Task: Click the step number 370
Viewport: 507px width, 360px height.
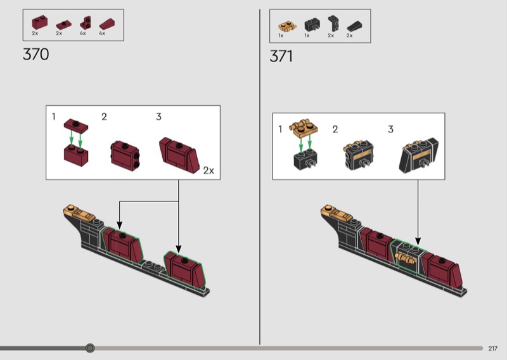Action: click(x=36, y=54)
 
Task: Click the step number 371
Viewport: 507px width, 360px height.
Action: click(x=281, y=56)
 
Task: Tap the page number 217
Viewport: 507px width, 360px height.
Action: click(x=493, y=349)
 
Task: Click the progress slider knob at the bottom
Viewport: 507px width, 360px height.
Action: click(x=90, y=348)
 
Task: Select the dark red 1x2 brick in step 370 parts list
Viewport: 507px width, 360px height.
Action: click(x=40, y=23)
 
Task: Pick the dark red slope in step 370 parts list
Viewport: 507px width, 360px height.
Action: click(x=106, y=24)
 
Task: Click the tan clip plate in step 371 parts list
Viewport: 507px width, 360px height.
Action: click(x=287, y=26)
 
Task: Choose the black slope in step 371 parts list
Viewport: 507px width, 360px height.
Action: click(x=354, y=27)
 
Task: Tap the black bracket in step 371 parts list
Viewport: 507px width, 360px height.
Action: click(x=333, y=23)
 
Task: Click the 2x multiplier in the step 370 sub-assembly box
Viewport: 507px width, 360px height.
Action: click(x=209, y=170)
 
